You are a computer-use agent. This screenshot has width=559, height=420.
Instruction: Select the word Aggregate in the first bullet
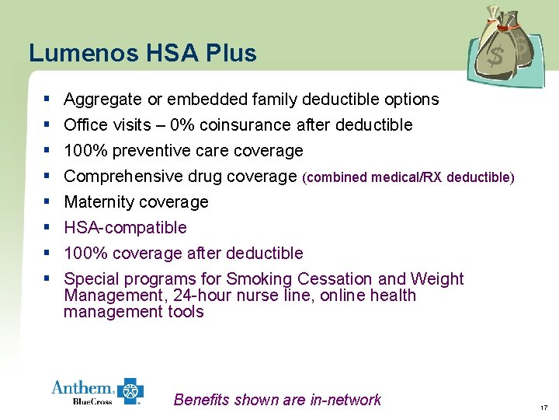(102, 100)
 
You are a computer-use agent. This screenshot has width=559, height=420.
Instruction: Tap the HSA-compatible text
(125, 228)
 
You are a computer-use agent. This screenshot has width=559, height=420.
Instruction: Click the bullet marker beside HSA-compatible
(47, 227)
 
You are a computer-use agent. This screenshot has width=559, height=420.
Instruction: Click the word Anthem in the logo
(82, 387)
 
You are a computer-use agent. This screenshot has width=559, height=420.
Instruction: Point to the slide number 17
(543, 407)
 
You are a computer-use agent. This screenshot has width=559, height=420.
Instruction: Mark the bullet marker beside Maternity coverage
(47, 201)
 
